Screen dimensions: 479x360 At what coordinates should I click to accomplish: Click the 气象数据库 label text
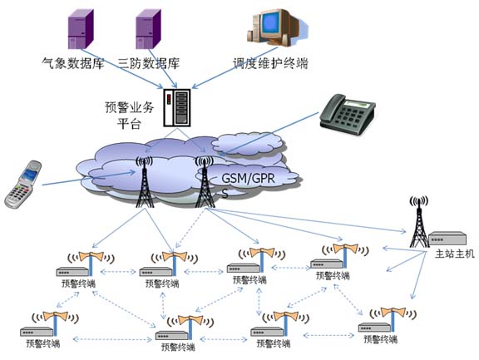tap(73, 63)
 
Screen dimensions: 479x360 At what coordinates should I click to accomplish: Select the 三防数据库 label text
tap(149, 63)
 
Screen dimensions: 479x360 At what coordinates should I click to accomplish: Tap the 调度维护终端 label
tap(270, 63)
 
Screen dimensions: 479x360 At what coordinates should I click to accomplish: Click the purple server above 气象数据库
tap(81, 29)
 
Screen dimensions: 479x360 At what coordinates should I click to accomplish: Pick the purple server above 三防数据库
tap(148, 29)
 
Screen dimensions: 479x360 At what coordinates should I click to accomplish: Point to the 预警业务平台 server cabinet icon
tap(176, 107)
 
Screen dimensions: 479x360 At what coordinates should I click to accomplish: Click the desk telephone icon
tap(348, 115)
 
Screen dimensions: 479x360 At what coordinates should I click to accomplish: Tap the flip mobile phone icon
tap(23, 185)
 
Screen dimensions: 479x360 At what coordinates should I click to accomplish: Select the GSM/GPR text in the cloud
tap(248, 178)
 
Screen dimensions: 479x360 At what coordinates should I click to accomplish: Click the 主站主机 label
tap(455, 254)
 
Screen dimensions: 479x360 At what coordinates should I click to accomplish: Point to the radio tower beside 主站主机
tap(419, 222)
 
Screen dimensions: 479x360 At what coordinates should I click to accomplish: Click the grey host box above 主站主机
tap(447, 238)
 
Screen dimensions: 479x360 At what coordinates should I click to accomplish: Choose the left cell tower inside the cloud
tap(144, 182)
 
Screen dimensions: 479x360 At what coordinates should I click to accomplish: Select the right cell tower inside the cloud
tap(205, 182)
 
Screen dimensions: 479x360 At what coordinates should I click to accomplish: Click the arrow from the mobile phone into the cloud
tap(89, 179)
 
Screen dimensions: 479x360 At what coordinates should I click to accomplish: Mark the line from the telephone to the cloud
tap(269, 134)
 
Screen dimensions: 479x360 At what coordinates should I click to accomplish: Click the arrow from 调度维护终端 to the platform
tap(235, 68)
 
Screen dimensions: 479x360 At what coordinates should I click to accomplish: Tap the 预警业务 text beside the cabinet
tap(129, 107)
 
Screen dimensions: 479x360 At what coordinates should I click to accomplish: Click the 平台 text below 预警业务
tap(129, 124)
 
